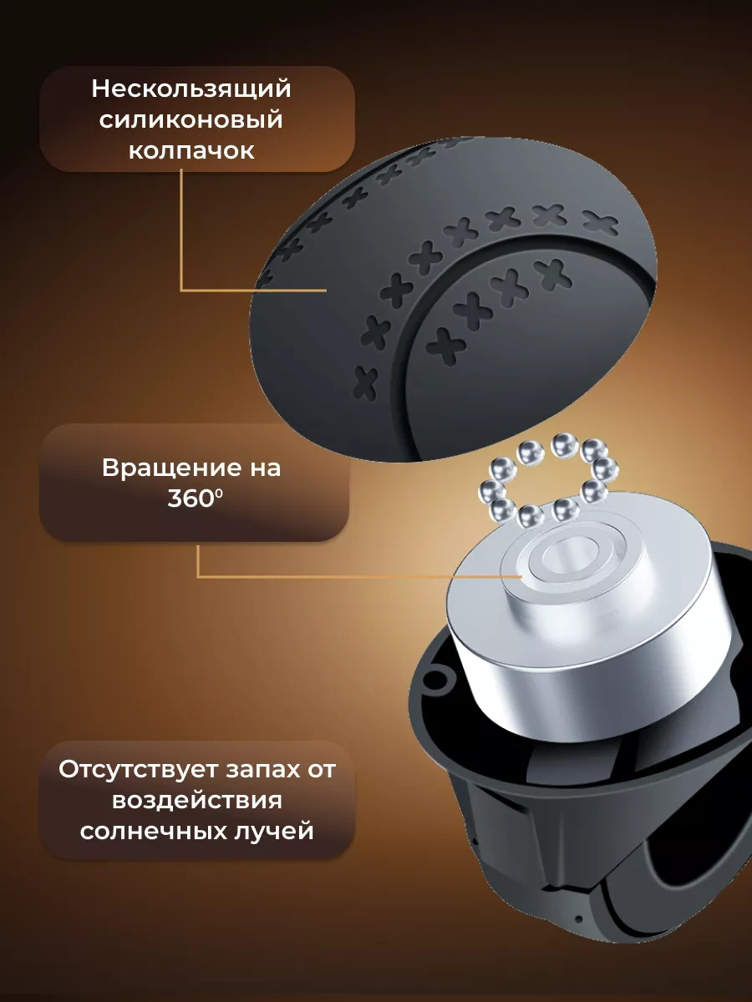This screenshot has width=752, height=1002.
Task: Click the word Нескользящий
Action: pyautogui.click(x=191, y=89)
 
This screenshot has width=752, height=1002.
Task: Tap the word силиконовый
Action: pyautogui.click(x=191, y=120)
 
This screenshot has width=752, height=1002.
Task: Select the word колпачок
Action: pyautogui.click(x=191, y=151)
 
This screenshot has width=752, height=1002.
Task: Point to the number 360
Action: pyautogui.click(x=190, y=499)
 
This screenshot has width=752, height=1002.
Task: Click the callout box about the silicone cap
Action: pyautogui.click(x=197, y=119)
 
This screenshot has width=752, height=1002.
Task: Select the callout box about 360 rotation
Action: pyautogui.click(x=195, y=483)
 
